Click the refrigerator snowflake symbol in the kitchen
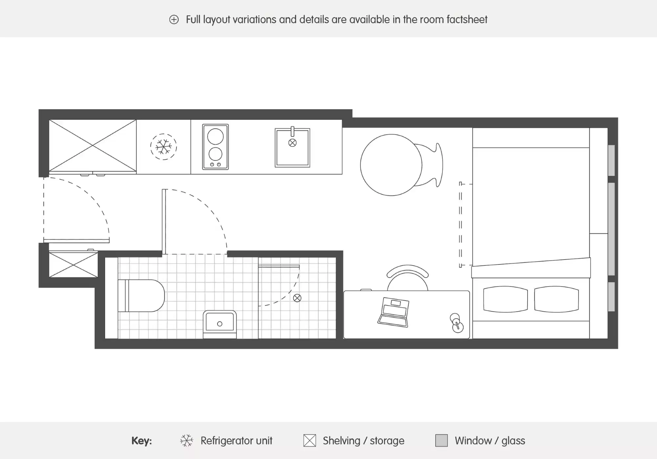point(164,147)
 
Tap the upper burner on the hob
point(215,136)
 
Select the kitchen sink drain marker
point(292,143)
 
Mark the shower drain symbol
point(297,298)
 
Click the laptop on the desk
point(394,312)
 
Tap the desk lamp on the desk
point(456,323)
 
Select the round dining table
point(391,165)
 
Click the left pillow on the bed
point(505,299)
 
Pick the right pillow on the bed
point(556,299)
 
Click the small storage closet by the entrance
point(73,264)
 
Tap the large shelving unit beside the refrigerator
point(93,145)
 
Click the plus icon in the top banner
point(174,20)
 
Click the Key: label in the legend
point(142,441)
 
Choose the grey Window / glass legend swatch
point(441,441)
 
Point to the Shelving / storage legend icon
point(309,441)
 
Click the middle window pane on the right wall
point(611,229)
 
